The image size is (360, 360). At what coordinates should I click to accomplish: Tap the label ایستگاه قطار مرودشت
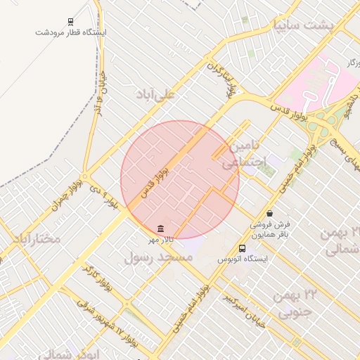(70, 32)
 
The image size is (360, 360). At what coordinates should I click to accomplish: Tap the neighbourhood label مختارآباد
(37, 240)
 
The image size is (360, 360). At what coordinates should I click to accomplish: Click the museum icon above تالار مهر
(162, 229)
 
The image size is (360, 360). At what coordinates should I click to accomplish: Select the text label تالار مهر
(160, 240)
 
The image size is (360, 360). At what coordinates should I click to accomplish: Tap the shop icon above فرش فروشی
(269, 214)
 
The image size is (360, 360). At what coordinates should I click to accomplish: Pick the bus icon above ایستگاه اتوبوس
(243, 248)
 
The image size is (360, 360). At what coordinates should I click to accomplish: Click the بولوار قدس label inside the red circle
(155, 179)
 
